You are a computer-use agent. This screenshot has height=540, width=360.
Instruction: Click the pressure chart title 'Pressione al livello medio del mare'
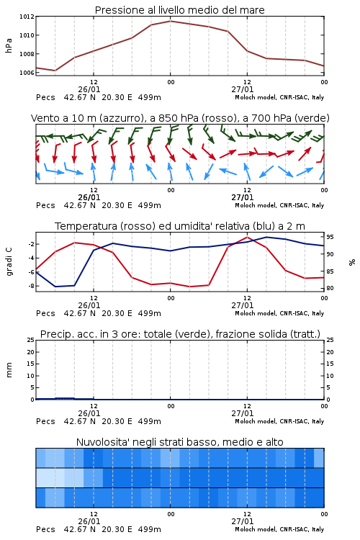(179, 10)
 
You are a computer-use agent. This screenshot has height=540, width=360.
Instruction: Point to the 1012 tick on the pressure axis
(27, 17)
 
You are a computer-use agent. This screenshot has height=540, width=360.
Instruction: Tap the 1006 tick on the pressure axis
(27, 73)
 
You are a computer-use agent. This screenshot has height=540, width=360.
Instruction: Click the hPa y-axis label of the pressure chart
(9, 45)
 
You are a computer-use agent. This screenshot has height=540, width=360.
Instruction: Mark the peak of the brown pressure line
(170, 21)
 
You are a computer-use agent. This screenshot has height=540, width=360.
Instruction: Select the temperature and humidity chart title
(180, 226)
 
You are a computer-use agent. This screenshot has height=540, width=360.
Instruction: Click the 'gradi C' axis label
(9, 261)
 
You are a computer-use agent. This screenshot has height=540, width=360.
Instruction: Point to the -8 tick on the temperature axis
(31, 286)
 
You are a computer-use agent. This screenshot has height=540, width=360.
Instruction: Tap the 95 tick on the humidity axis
(330, 237)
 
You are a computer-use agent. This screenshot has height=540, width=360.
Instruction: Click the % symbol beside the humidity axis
(352, 262)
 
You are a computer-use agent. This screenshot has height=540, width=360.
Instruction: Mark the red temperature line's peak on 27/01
(247, 237)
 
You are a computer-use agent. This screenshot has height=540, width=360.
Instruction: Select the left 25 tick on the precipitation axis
(31, 340)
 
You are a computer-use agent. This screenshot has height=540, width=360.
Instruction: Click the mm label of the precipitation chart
(9, 370)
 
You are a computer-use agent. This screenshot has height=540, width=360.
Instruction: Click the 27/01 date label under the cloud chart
(243, 521)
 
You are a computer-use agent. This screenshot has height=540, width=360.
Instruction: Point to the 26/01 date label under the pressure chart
(89, 89)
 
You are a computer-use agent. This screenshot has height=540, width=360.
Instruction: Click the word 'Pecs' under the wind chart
(45, 205)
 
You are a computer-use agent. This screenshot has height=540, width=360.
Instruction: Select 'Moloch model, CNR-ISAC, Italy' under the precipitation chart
(279, 421)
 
